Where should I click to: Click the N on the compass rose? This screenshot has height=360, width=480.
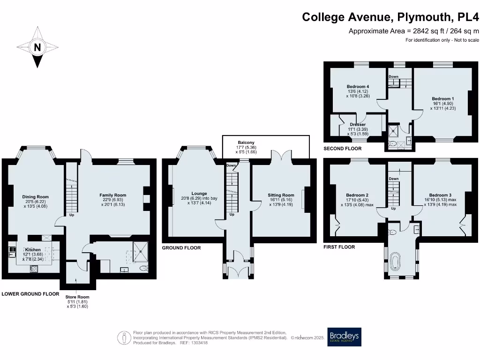pos(37,47)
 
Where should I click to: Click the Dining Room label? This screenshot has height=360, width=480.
pos(36,197)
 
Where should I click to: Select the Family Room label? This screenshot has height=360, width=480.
pos(112,195)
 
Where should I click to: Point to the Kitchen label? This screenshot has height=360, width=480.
pos(33,249)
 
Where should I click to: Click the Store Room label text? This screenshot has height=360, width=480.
pos(77,297)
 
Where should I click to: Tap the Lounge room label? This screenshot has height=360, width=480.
pos(199,193)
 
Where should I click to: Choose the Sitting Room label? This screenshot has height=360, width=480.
pos(281,195)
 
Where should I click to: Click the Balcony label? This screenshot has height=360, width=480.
pos(246,142)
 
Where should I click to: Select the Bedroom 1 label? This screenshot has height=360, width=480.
pos(443,99)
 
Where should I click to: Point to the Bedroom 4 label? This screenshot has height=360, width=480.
pos(358,87)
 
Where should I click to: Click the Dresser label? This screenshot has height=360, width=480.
pos(358,124)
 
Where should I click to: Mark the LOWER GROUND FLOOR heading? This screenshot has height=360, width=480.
pos(30,294)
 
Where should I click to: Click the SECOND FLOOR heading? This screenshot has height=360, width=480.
pos(343,149)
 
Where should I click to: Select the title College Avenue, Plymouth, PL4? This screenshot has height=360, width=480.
pos(391,17)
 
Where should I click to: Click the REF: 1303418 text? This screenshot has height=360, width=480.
pos(192,343)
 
